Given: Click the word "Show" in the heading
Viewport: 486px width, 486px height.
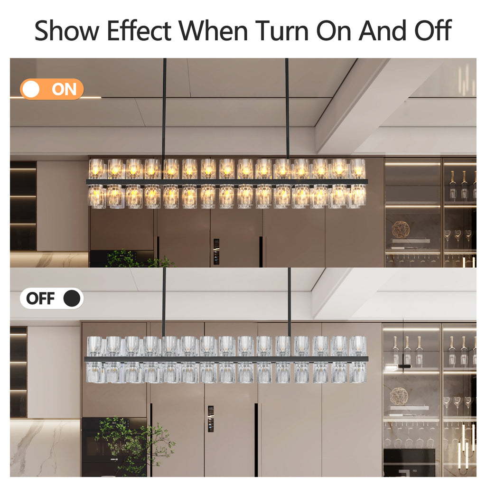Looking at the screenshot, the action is click(x=66, y=30).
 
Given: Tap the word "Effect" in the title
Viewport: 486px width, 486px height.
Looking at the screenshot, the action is click(x=139, y=30).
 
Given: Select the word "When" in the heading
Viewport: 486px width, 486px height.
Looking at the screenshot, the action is click(x=213, y=30).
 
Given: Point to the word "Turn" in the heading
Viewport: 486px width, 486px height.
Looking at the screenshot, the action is click(x=282, y=30).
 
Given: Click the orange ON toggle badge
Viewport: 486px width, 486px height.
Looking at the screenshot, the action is click(x=52, y=89).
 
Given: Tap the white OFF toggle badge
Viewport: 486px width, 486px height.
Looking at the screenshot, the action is click(x=52, y=298).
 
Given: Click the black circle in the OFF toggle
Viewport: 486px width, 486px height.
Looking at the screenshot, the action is click(x=72, y=298).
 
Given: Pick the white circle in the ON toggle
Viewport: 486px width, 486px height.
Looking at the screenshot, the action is click(x=31, y=89).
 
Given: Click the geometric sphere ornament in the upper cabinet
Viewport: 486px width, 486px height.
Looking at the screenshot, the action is click(x=401, y=230).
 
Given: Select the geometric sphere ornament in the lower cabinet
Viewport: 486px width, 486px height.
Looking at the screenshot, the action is click(x=399, y=396).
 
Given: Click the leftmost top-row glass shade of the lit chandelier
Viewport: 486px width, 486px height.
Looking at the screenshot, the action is click(x=97, y=169).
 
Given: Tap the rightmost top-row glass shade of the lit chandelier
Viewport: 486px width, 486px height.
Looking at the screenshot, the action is click(x=357, y=169).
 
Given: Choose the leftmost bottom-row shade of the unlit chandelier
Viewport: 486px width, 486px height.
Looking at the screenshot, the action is click(x=95, y=372).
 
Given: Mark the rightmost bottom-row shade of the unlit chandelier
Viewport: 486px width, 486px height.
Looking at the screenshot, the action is click(x=358, y=372).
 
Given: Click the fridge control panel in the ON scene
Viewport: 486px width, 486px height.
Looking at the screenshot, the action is click(x=216, y=252).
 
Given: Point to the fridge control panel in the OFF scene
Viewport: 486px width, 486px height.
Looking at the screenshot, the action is click(x=211, y=419).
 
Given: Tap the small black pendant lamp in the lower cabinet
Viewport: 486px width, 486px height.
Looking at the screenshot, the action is click(x=404, y=366).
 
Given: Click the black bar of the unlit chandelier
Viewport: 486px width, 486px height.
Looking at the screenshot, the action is click(x=226, y=359).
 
